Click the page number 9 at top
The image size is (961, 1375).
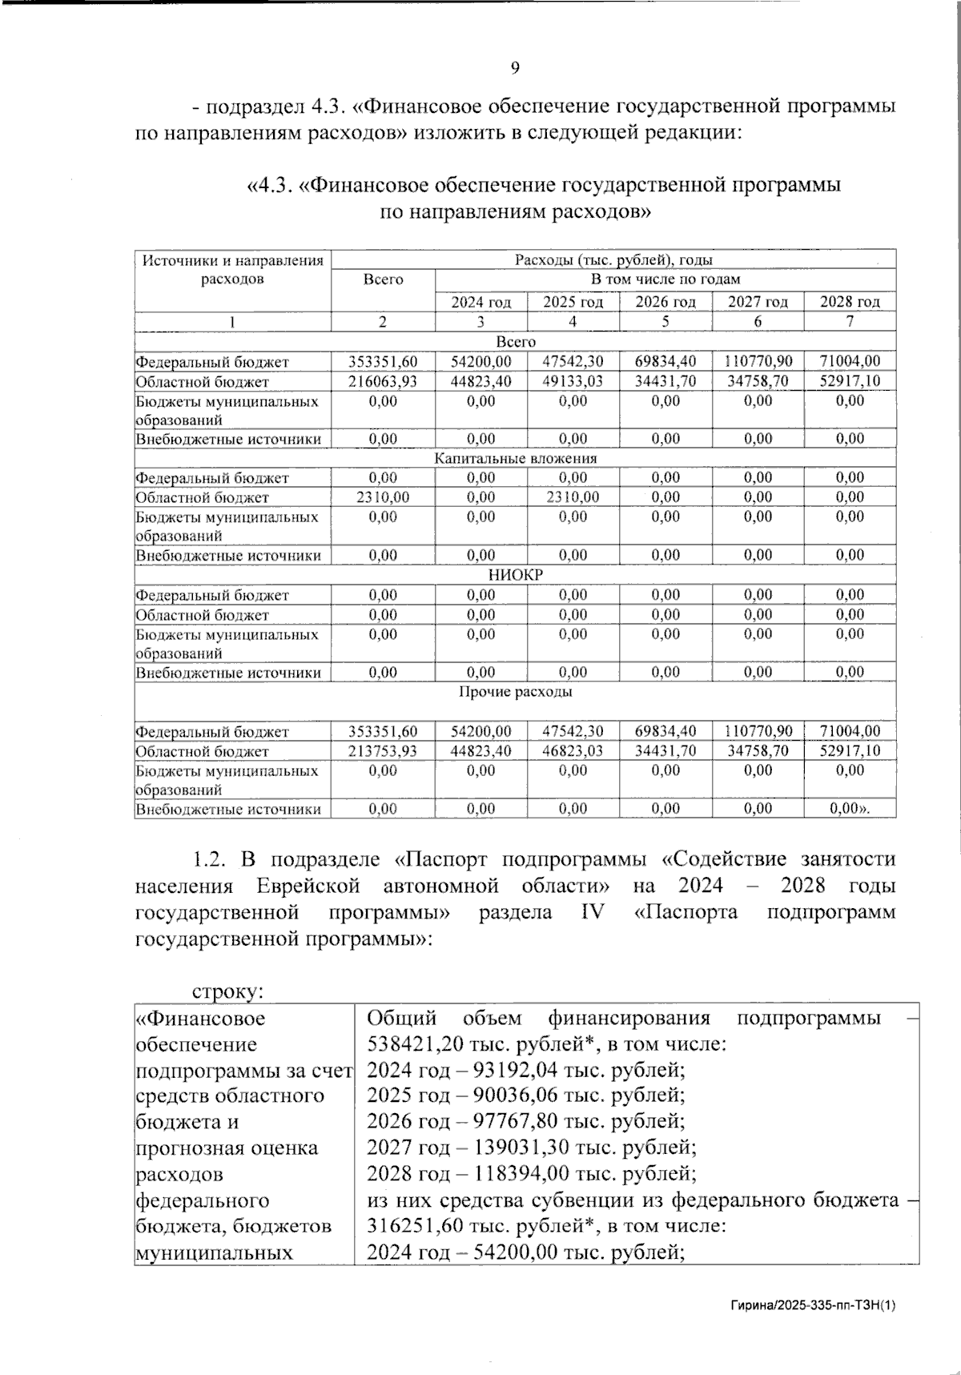(x=515, y=68)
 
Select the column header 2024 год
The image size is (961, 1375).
(x=480, y=302)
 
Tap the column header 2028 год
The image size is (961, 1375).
(x=850, y=302)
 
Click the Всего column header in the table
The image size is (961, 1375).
(x=383, y=279)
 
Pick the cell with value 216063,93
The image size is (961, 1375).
(x=383, y=381)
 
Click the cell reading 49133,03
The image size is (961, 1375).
(x=573, y=381)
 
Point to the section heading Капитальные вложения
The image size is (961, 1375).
(x=515, y=458)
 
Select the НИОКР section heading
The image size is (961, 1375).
(x=515, y=575)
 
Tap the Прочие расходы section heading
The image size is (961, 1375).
(x=515, y=691)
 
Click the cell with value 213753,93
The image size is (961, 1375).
(x=383, y=751)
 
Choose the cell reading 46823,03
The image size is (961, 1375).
(x=573, y=751)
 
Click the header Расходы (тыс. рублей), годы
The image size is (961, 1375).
(x=613, y=259)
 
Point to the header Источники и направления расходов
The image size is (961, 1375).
(x=232, y=269)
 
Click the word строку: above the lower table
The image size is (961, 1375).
(x=228, y=991)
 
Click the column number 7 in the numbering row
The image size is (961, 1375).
(x=850, y=321)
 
